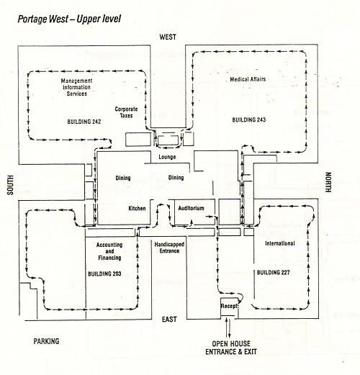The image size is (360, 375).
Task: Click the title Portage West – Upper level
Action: (69, 19)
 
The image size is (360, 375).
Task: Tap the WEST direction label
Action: (168, 37)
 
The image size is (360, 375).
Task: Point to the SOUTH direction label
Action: (10, 185)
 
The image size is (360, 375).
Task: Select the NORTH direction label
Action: (328, 182)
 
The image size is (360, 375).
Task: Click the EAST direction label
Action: (169, 320)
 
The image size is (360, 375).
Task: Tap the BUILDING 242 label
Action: (84, 122)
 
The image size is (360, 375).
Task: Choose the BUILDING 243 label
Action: (249, 119)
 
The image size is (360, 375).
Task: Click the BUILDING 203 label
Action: (104, 274)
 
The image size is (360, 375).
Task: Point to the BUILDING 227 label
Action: (273, 273)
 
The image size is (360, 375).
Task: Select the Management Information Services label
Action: (76, 87)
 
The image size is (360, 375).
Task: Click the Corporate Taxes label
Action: (126, 112)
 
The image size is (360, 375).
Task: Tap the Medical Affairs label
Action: (248, 79)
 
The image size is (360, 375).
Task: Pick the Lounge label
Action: (167, 157)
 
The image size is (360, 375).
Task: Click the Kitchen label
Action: (137, 208)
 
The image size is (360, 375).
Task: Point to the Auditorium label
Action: (191, 208)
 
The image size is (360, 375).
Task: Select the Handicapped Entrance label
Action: (169, 248)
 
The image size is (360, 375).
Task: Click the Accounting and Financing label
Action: (109, 251)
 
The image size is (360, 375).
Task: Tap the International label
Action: (280, 243)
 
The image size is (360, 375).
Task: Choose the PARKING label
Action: (46, 341)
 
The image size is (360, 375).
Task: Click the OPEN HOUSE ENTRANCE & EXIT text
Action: (231, 348)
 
